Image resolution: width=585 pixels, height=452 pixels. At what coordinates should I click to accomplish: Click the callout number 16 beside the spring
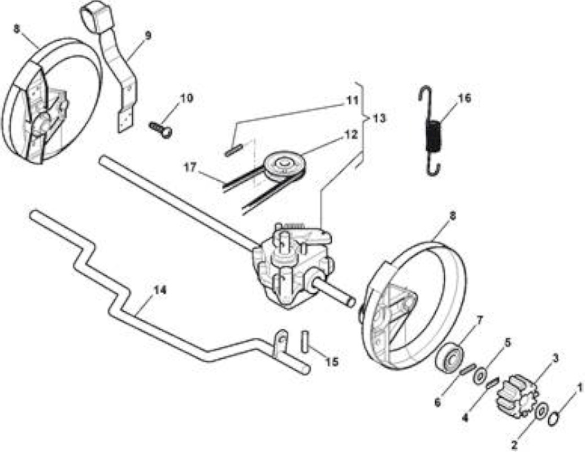pyautogui.click(x=463, y=98)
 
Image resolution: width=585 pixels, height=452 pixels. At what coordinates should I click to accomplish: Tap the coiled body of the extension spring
pyautogui.click(x=433, y=137)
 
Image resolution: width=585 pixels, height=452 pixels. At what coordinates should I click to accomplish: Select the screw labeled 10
pyautogui.click(x=161, y=129)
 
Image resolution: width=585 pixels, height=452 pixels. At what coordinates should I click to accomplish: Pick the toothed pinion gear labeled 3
pyautogui.click(x=516, y=397)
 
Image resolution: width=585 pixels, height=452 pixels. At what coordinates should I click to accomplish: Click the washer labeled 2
pyautogui.click(x=541, y=410)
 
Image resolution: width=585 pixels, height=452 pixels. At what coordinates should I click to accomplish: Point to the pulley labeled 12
pyautogui.click(x=284, y=164)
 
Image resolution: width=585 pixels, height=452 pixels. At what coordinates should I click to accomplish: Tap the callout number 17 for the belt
pyautogui.click(x=190, y=167)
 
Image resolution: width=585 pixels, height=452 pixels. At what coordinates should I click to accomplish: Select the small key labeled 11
pyautogui.click(x=233, y=150)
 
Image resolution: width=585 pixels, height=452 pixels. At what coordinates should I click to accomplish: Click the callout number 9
pyautogui.click(x=148, y=36)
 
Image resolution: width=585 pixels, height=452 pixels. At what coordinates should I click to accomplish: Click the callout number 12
pyautogui.click(x=350, y=134)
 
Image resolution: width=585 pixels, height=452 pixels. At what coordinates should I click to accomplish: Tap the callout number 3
pyautogui.click(x=555, y=359)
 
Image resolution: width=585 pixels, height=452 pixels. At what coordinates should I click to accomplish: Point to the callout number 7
pyautogui.click(x=480, y=320)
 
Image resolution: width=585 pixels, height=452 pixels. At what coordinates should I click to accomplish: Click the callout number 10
pyautogui.click(x=187, y=98)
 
